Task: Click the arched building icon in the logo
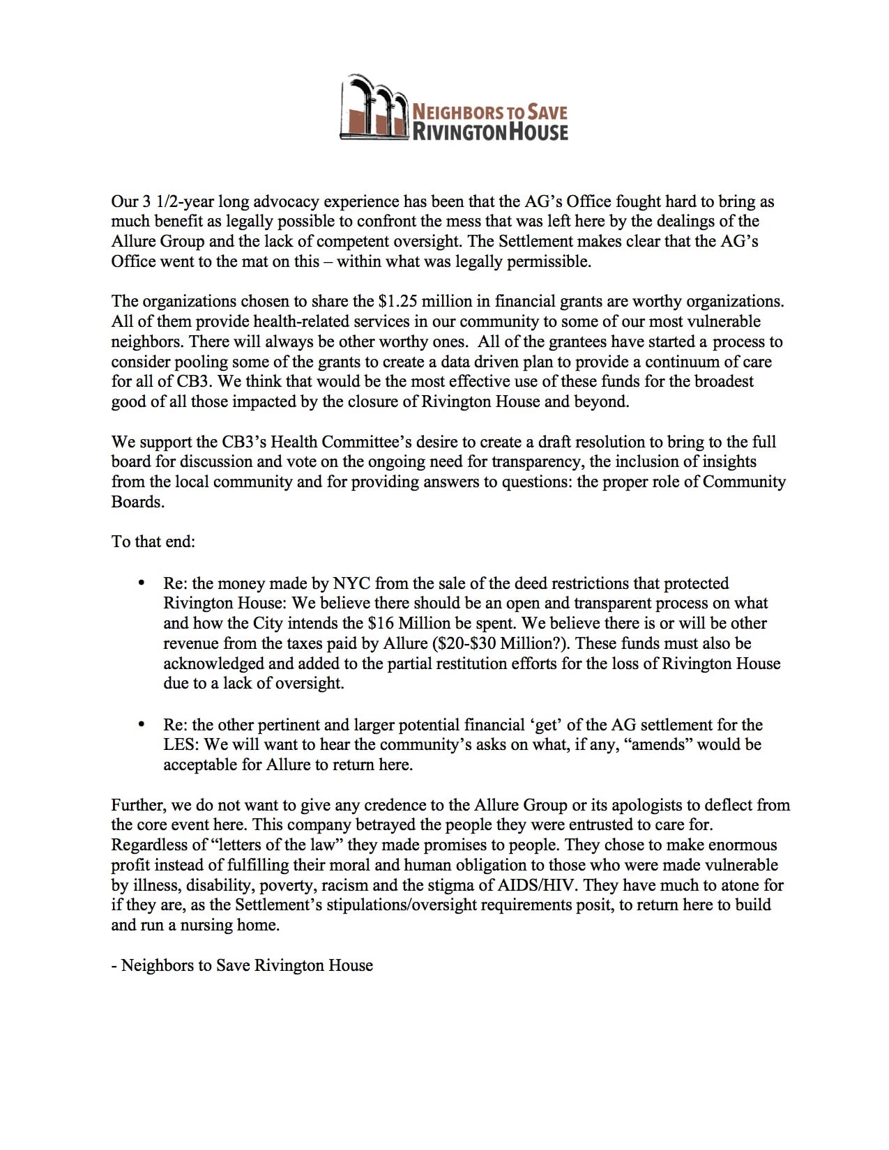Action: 374,107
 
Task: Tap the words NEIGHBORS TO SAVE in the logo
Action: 490,111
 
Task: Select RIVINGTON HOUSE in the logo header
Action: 491,130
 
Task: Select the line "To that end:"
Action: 153,542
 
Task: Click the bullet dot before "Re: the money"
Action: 143,583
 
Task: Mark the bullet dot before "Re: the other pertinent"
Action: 143,725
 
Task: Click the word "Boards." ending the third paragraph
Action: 138,502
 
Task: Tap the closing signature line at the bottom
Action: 242,965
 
